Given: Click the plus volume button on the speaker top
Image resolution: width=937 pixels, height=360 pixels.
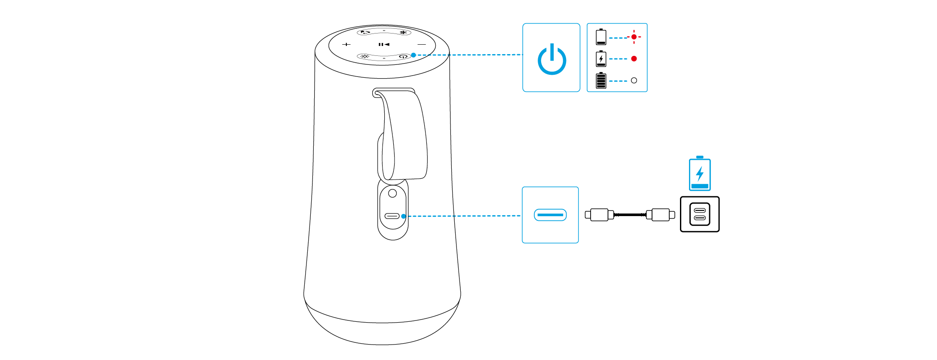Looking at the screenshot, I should [346, 44].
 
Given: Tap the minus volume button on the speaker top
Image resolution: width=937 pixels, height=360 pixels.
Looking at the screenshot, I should [422, 44].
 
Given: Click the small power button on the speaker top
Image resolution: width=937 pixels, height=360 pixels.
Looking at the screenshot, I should [403, 56].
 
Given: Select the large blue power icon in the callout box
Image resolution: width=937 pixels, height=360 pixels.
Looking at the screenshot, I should [552, 59].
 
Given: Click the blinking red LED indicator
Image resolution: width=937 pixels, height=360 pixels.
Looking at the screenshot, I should [634, 37].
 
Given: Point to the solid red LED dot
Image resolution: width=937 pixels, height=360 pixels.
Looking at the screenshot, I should [634, 58].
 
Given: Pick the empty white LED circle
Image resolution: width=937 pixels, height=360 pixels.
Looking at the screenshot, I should [634, 80].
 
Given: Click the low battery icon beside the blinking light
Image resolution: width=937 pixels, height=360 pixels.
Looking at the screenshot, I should [601, 37].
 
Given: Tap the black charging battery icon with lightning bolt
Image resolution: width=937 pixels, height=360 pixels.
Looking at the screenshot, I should [601, 58].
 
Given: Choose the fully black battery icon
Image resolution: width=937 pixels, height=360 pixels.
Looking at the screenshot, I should [601, 80].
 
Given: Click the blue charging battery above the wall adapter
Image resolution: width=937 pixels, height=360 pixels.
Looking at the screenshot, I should [700, 174].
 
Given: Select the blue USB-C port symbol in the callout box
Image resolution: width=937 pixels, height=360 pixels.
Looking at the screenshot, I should [550, 215].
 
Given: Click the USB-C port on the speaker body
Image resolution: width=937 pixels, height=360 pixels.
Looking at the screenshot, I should [392, 216].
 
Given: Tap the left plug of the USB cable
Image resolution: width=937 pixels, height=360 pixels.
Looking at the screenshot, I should [599, 214].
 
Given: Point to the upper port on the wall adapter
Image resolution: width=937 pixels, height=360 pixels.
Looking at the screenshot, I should [700, 211].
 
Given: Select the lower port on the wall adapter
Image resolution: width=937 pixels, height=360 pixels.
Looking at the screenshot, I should [700, 218].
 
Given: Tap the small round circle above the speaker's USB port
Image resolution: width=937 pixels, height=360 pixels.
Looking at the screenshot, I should [392, 193].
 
